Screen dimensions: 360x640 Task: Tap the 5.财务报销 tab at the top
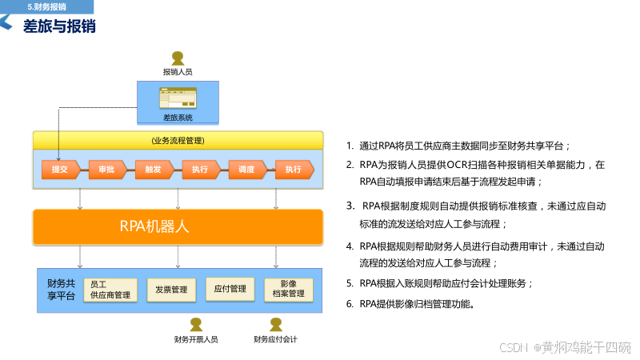[x=47, y=6]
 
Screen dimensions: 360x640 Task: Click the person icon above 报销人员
[x=178, y=58]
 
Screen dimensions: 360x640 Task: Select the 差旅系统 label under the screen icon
[x=178, y=118]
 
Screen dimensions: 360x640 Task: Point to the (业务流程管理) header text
[x=178, y=140]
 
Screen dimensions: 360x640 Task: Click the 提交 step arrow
[x=60, y=169]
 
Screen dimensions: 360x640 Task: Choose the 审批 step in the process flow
[x=106, y=169]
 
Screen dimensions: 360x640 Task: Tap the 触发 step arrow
[x=154, y=169]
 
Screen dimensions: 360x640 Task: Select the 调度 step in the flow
[x=246, y=169]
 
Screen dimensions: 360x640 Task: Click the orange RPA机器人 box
[x=178, y=226]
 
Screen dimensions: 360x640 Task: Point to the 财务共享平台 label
[x=62, y=289]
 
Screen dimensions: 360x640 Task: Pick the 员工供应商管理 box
[x=110, y=289]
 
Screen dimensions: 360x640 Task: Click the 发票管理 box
[x=171, y=289]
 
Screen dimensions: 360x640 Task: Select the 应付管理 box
[x=230, y=288]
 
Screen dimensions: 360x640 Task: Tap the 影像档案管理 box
[x=289, y=289]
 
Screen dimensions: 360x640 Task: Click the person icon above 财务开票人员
[x=196, y=324]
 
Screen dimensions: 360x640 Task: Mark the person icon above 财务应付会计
[x=276, y=324]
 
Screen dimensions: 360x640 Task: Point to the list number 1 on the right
[x=350, y=146]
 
